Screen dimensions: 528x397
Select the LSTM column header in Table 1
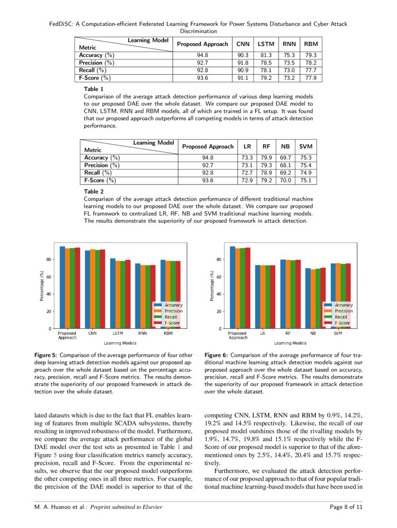[266, 44]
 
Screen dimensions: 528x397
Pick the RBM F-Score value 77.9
[311, 78]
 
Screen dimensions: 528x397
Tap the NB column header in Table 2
[285, 147]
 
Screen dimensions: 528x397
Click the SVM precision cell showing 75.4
[305, 165]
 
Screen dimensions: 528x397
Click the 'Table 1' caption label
[94, 89]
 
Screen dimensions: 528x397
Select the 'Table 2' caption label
[94, 191]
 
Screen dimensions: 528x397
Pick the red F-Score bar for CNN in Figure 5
[102, 289]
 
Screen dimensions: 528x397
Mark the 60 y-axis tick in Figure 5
[48, 277]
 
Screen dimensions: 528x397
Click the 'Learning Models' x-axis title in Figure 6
[290, 343]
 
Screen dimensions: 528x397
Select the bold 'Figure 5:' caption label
[46, 356]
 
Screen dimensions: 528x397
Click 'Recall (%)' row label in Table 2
[97, 172]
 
